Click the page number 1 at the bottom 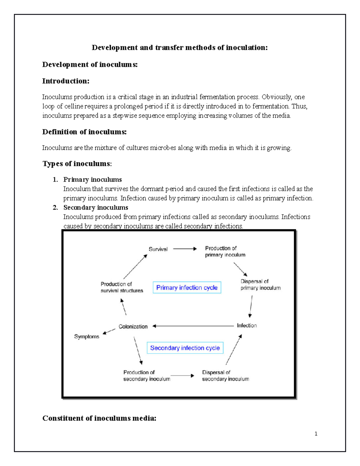tap(316, 434)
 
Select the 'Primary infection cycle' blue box tap(187, 287)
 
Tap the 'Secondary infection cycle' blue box tap(185, 348)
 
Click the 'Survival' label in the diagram tap(158, 249)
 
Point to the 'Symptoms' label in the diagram tap(87, 336)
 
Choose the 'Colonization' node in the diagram tap(133, 326)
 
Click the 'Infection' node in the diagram tap(247, 326)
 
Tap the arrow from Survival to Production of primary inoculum tap(185, 249)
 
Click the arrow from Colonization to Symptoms tap(109, 331)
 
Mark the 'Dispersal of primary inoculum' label tap(260, 284)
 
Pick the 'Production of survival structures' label tap(122, 287)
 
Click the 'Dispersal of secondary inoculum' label tap(225, 376)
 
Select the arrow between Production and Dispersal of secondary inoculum tap(182, 376)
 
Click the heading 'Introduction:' tap(66, 81)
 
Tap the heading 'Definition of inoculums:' tap(84, 132)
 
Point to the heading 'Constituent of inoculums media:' tap(99, 418)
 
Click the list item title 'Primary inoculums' tap(92, 179)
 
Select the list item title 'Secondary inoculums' tap(96, 207)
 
